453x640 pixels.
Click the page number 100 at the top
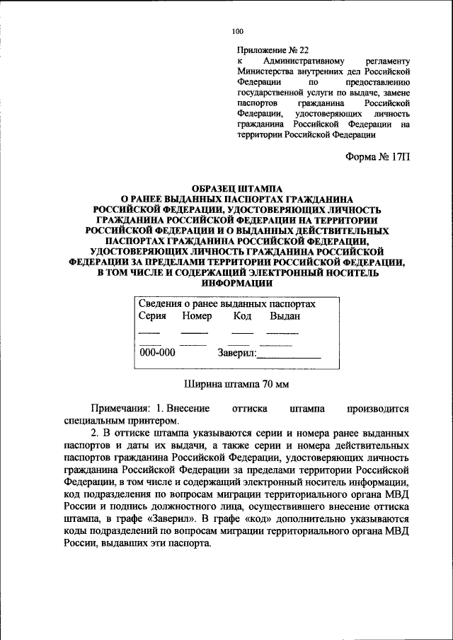click(237, 31)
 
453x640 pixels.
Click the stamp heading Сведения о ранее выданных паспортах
click(226, 303)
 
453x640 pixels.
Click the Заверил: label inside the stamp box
click(236, 353)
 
